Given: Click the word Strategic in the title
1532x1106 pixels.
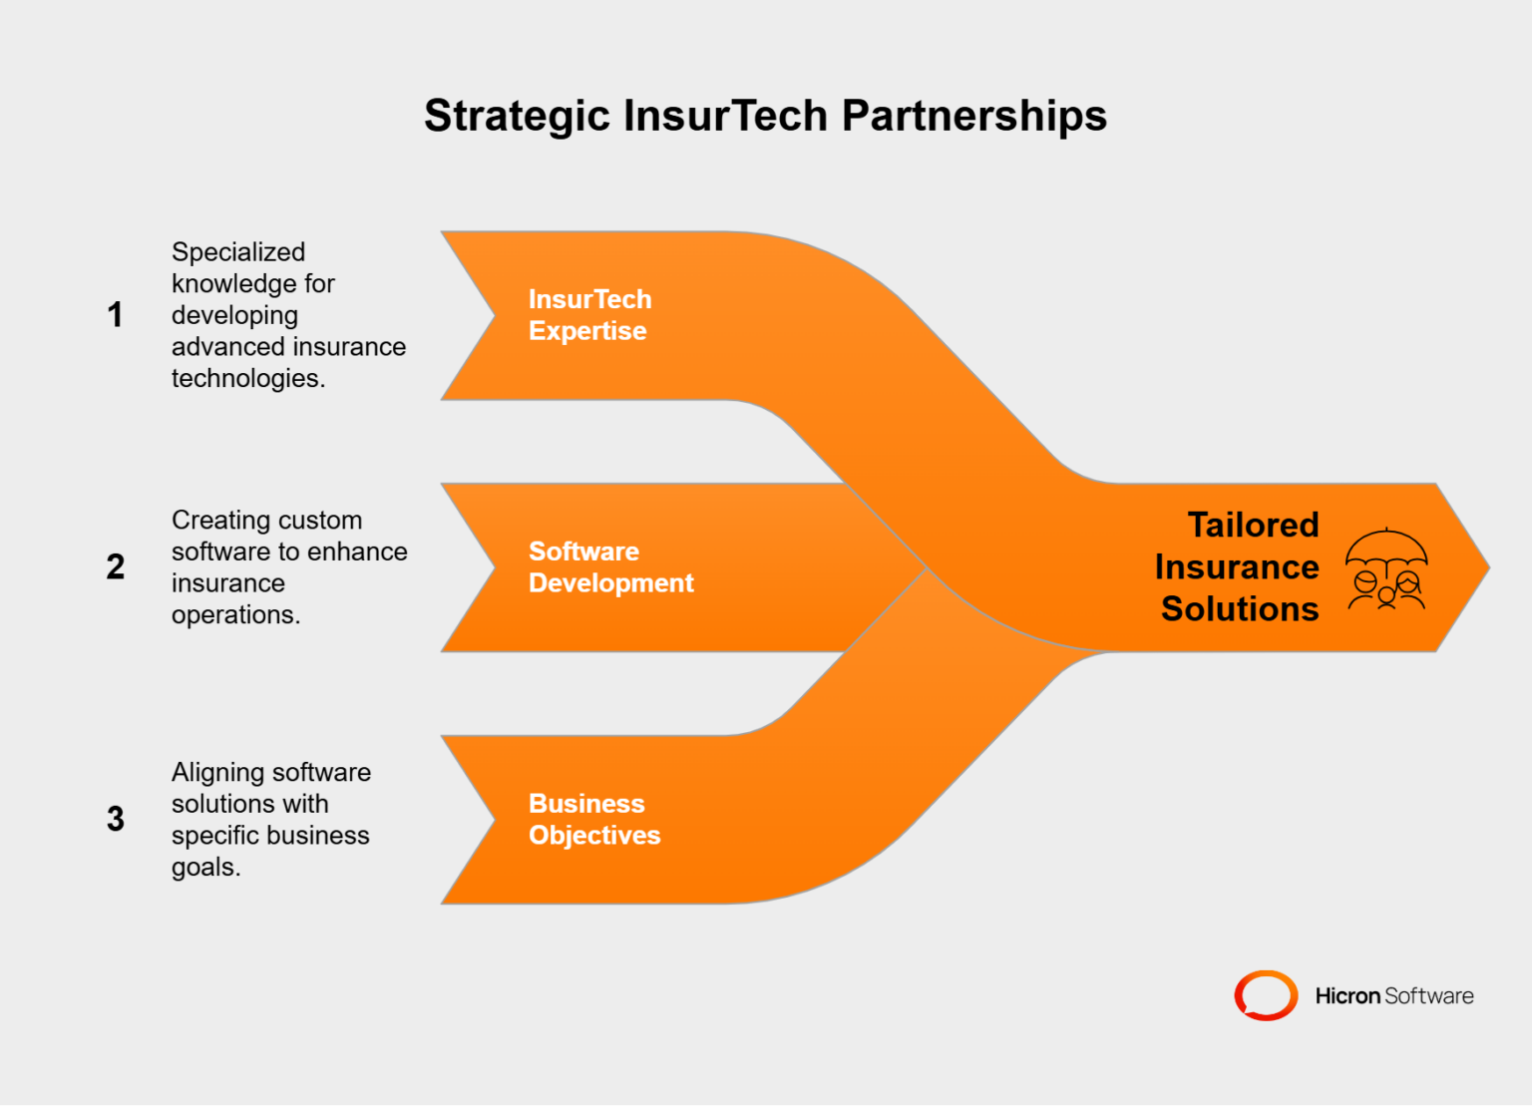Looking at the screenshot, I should pyautogui.click(x=516, y=116).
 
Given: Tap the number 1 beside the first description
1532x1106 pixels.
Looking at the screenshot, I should pyautogui.click(x=116, y=315).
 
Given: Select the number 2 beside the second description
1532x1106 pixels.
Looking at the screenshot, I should pyautogui.click(x=116, y=567).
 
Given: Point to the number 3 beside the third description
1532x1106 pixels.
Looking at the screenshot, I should pyautogui.click(x=116, y=820).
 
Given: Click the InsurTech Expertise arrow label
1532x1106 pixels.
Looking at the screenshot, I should pyautogui.click(x=589, y=315).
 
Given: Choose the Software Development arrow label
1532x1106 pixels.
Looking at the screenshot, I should pyautogui.click(x=610, y=567).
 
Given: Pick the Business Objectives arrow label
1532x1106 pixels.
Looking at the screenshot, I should pyautogui.click(x=594, y=820).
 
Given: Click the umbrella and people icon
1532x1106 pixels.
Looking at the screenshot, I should pyautogui.click(x=1386, y=568).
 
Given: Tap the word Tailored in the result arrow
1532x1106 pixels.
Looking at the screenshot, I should pyautogui.click(x=1253, y=526).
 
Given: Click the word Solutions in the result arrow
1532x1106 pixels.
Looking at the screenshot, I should pyautogui.click(x=1240, y=609).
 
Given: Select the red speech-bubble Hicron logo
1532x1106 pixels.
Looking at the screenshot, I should pyautogui.click(x=1266, y=995).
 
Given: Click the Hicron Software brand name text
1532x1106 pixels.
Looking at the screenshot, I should pyautogui.click(x=1393, y=996).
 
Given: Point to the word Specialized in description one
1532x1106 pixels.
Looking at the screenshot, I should pyautogui.click(x=238, y=252).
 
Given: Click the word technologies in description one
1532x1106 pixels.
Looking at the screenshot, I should pyautogui.click(x=247, y=379).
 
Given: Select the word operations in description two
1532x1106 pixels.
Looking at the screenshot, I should pyautogui.click(x=234, y=615).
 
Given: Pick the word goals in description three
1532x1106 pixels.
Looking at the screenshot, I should pyautogui.click(x=204, y=868).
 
